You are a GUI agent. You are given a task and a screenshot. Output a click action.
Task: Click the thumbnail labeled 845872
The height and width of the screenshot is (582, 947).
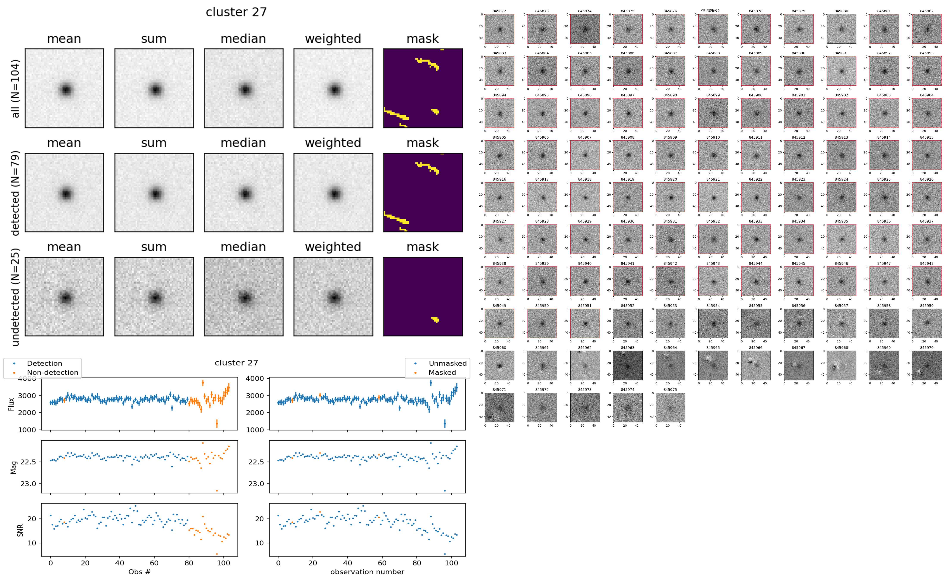[499, 29]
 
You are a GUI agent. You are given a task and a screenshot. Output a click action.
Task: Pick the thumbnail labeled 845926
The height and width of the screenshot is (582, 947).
[927, 197]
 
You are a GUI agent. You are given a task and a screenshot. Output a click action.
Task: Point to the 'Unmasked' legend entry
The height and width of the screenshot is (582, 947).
[447, 363]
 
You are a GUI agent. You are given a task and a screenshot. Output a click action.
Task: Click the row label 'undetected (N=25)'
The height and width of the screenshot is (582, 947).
[15, 297]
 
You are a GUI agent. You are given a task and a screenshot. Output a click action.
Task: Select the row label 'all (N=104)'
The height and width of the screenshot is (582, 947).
[15, 88]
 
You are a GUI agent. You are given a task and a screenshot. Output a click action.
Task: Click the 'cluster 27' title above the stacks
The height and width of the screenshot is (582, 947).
[236, 12]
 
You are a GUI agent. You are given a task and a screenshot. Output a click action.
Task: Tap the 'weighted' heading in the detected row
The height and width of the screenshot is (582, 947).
[333, 143]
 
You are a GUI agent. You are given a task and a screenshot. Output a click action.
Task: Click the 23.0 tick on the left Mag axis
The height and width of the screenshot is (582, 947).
[28, 484]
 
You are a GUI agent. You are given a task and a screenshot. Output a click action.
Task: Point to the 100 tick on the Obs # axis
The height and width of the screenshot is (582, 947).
[224, 563]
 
